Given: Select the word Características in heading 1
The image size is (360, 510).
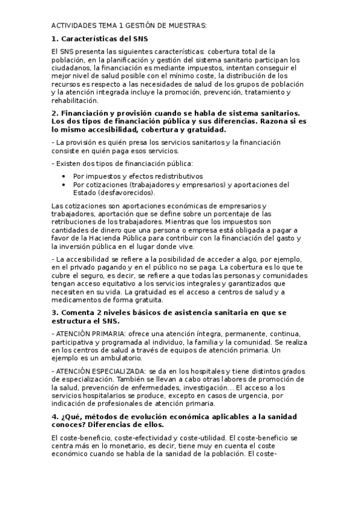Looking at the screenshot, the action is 91,39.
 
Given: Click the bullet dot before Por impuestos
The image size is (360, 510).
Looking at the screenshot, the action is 64,176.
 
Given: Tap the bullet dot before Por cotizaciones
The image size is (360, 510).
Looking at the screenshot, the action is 64,185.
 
